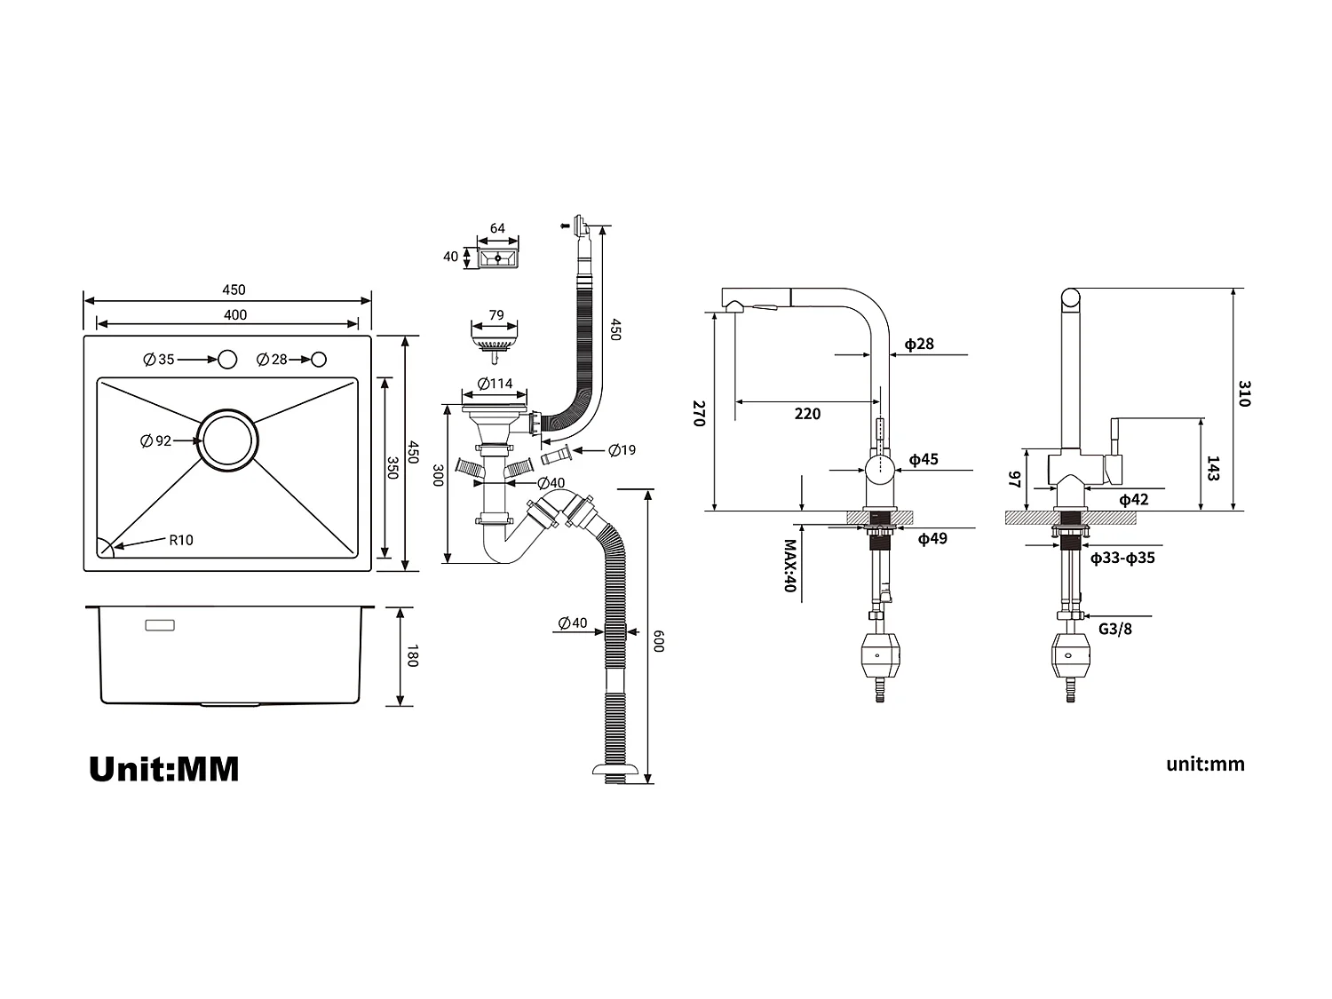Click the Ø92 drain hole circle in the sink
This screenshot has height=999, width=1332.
click(x=228, y=440)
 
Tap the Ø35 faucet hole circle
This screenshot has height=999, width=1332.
click(x=227, y=360)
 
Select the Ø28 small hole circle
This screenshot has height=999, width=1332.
click(x=319, y=360)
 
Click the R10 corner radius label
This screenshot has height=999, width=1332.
click(x=181, y=540)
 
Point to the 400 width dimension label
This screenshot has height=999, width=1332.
click(x=235, y=315)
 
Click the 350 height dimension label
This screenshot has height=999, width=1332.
click(x=392, y=468)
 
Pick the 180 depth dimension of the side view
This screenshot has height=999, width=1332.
click(x=411, y=657)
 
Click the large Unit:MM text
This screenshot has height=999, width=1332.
click(x=164, y=769)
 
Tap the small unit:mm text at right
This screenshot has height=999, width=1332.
click(x=1205, y=765)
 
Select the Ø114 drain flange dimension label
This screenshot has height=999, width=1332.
click(x=495, y=384)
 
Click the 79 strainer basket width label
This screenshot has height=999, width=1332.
click(x=496, y=315)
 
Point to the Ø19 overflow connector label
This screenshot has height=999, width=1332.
click(x=622, y=450)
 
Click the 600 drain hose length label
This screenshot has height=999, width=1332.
click(x=658, y=641)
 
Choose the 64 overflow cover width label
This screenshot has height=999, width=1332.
click(x=497, y=228)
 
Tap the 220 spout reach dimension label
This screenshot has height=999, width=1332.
click(x=807, y=414)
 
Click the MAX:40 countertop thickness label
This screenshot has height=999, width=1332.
click(x=789, y=566)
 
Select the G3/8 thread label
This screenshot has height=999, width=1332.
click(x=1115, y=629)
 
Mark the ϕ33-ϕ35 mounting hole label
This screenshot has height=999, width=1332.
click(x=1122, y=559)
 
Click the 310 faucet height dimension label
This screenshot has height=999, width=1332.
click(x=1244, y=393)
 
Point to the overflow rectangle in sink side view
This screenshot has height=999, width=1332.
click(x=160, y=625)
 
